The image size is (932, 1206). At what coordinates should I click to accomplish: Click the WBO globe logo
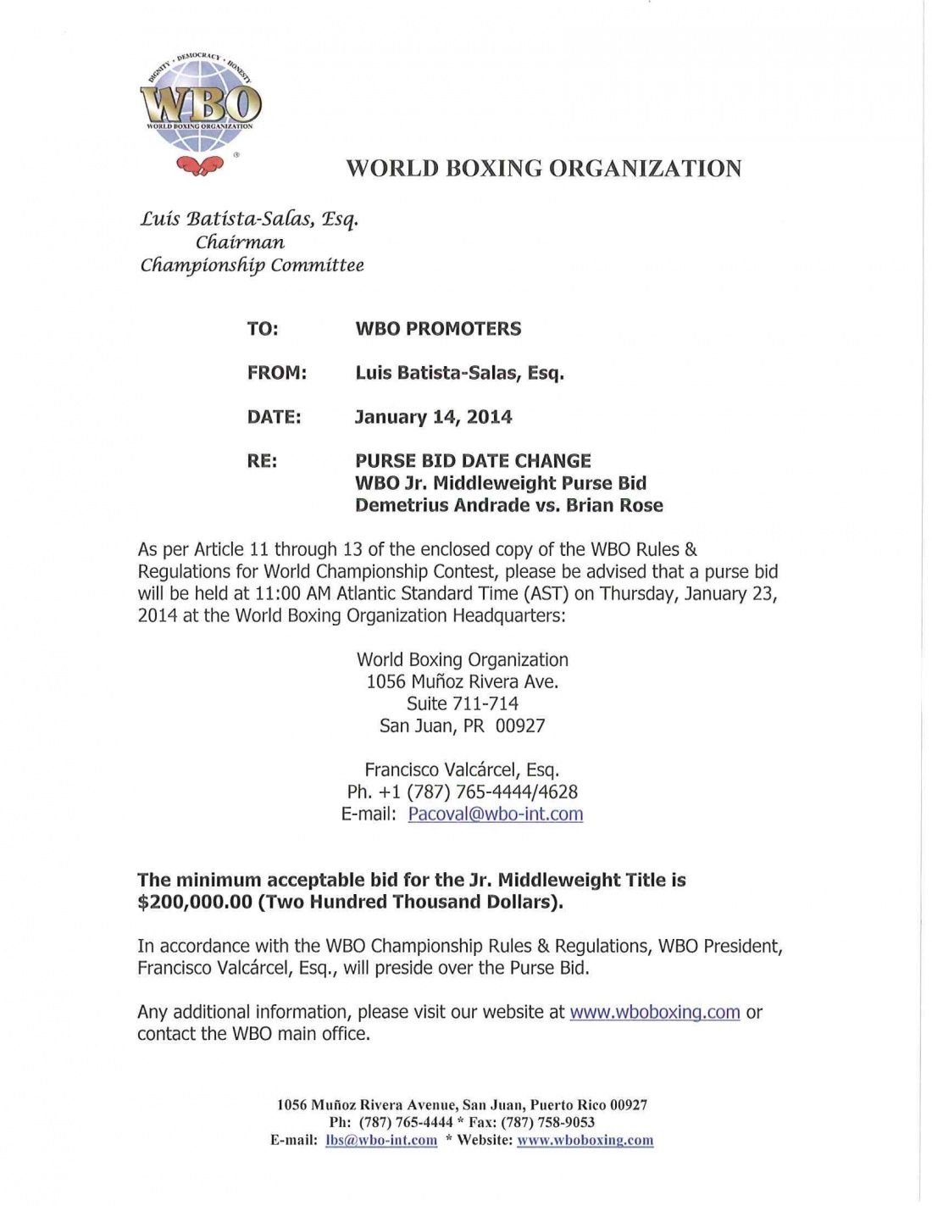[200, 103]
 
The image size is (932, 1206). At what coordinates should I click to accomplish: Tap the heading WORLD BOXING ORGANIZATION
[543, 168]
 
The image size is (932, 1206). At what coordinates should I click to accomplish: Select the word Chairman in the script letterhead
[240, 242]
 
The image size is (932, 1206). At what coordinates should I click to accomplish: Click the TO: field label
[263, 329]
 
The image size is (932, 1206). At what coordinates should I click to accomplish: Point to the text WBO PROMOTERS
[438, 329]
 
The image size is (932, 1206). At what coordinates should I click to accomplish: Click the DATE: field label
[274, 417]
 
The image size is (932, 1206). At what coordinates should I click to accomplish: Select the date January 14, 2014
[433, 417]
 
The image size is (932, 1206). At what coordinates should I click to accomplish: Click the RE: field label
[262, 461]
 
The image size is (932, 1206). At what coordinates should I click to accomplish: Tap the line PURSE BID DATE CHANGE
[473, 461]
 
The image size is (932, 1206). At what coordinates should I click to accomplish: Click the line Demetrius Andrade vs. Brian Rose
[508, 505]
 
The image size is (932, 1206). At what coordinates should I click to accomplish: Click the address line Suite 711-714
[462, 703]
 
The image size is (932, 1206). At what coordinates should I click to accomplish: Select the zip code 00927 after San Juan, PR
[520, 725]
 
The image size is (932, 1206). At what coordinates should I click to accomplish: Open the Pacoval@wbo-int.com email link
[495, 814]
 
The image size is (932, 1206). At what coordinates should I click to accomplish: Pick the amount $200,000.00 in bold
[195, 902]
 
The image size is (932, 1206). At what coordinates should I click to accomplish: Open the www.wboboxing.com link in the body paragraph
[655, 1012]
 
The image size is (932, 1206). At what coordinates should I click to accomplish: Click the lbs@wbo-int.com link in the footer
[381, 1141]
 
